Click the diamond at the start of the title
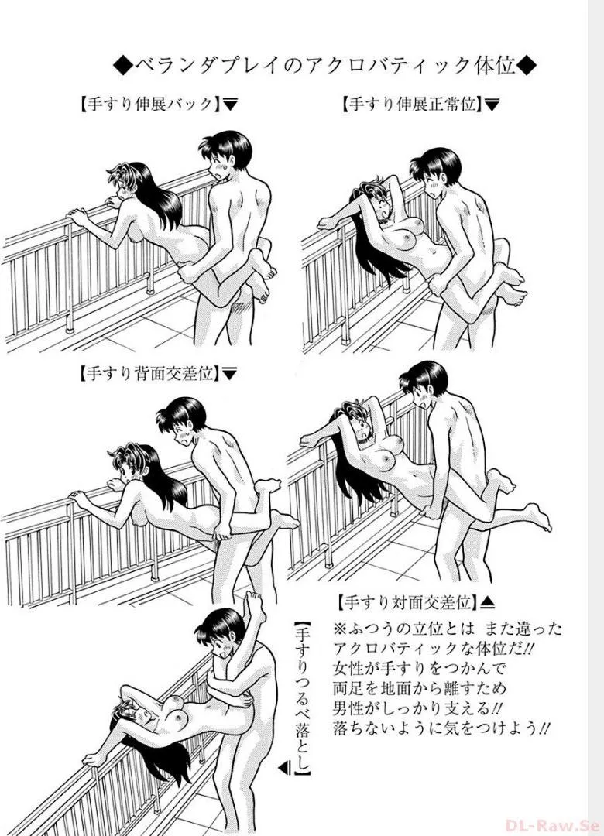coord(122,67)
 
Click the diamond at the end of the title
coord(527,67)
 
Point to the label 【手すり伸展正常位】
coord(410,104)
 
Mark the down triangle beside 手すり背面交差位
coord(229,375)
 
